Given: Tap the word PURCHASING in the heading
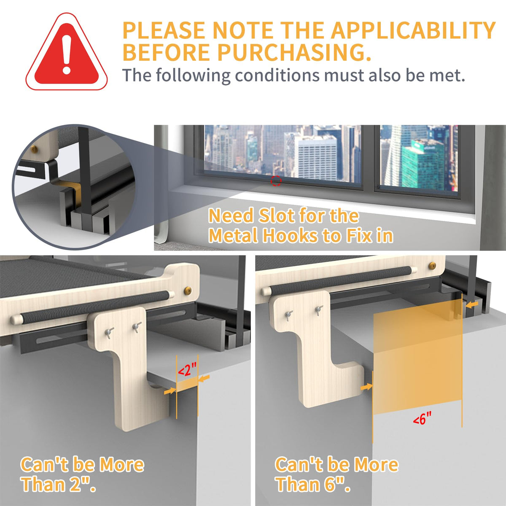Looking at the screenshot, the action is (294, 53).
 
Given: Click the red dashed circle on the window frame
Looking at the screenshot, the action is (276, 181).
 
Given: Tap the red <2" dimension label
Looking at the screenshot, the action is (187, 369).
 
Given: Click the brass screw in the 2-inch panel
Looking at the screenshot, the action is (188, 290).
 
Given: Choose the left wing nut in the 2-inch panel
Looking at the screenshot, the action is (108, 332).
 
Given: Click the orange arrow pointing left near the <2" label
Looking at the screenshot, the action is (204, 378).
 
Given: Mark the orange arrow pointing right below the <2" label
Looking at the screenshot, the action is (170, 391).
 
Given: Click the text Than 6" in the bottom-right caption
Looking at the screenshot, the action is (313, 484).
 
